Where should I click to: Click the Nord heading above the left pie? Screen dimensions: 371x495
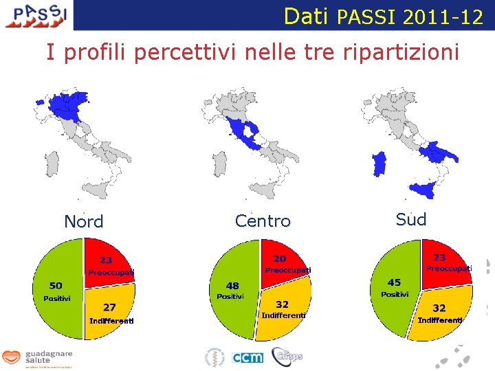pyautogui.click(x=83, y=222)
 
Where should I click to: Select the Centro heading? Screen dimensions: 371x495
pyautogui.click(x=263, y=221)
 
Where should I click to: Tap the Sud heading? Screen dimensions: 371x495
pyautogui.click(x=411, y=220)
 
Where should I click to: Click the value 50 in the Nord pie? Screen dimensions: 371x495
pyautogui.click(x=56, y=285)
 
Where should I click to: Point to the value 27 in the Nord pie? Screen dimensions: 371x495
pyautogui.click(x=109, y=307)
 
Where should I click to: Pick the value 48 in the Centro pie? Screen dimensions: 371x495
pyautogui.click(x=232, y=286)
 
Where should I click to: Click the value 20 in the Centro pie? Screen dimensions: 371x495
pyautogui.click(x=280, y=258)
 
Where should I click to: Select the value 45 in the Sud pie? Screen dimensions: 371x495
pyautogui.click(x=394, y=282)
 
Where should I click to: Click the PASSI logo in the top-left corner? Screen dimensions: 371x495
pyautogui.click(x=36, y=14)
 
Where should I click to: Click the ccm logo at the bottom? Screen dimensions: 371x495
pyautogui.click(x=247, y=357)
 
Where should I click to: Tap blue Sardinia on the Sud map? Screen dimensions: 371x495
pyautogui.click(x=379, y=164)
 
